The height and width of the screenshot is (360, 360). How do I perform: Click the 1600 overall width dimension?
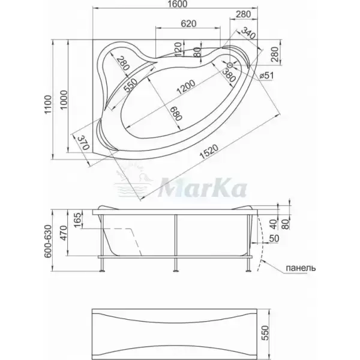point(178,4)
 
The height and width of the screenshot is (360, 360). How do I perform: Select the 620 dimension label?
point(188,23)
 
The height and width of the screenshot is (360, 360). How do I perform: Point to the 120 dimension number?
point(178,49)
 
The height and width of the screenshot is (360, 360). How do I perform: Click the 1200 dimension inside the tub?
point(186,87)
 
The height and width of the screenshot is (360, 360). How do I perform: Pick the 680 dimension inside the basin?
point(177,113)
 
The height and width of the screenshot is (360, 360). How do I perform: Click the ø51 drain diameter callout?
point(266,76)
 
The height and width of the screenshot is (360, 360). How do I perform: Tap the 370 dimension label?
point(84,142)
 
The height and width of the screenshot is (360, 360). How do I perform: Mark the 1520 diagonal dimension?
point(209,152)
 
